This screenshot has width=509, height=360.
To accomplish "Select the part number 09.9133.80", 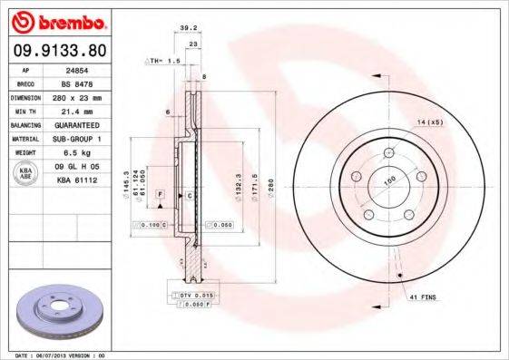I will [x=60, y=51].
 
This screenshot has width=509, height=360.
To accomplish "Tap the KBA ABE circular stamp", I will [x=26, y=174].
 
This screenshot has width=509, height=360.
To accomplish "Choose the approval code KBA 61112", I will [x=77, y=180].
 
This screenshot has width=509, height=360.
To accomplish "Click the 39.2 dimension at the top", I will [x=190, y=27].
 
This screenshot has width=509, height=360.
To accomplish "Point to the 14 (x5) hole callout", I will [x=429, y=121].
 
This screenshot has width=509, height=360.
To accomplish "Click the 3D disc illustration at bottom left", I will [x=62, y=312].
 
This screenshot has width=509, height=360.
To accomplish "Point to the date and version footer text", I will [x=61, y=355].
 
